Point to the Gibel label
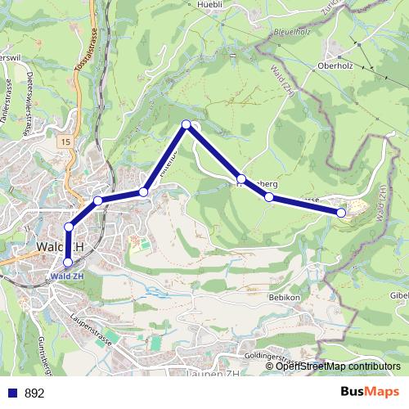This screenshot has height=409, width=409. tap(398, 294)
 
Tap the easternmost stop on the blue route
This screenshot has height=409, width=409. tap(341, 213)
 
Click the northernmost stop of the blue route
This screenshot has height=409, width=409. tap(187, 124)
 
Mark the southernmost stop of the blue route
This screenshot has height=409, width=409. tap(68, 262)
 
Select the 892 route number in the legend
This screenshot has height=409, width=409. tap(34, 393)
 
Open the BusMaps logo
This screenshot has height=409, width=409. tap(369, 393)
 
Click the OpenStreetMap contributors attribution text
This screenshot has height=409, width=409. tap(338, 366)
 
